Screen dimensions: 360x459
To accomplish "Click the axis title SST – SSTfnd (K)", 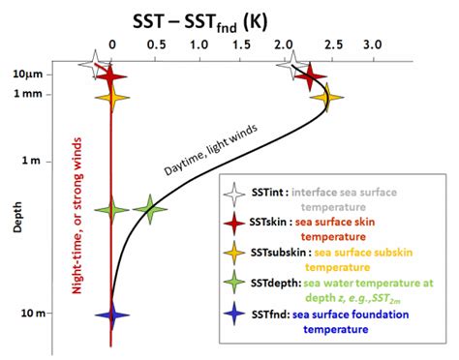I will (229, 18).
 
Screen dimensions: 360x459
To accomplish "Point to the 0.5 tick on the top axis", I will (156, 45).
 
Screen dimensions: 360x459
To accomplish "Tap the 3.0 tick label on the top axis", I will (373, 45).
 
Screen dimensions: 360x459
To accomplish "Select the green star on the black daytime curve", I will (149, 208).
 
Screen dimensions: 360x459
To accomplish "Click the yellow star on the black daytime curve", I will (326, 96).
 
